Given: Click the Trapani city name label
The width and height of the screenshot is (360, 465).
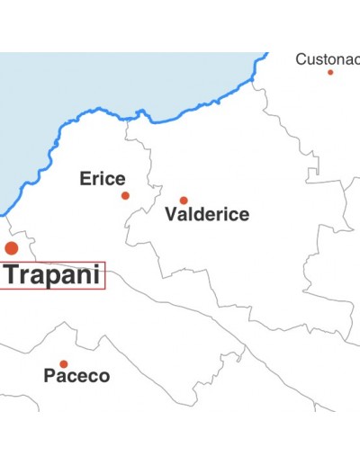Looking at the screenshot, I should click(x=51, y=275).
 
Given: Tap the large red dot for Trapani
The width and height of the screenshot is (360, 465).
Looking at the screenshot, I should click(x=12, y=247).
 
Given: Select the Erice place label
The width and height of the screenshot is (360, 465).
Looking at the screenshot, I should click(x=103, y=178).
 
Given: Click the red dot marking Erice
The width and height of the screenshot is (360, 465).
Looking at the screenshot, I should click(x=125, y=195).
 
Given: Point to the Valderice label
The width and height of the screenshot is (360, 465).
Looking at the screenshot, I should click(x=207, y=215).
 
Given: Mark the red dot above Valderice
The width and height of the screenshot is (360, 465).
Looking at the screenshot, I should click(x=184, y=201).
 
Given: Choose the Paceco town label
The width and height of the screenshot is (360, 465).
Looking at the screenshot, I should click(x=76, y=376).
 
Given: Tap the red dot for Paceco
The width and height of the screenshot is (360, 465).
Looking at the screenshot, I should click(x=63, y=363).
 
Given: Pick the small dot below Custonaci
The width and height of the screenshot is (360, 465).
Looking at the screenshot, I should click(x=330, y=72).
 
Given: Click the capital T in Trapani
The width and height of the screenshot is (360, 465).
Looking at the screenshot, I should click(x=13, y=275).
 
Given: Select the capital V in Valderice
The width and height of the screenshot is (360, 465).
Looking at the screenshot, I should click(x=171, y=215).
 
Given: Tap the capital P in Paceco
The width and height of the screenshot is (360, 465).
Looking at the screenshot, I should click(x=49, y=376).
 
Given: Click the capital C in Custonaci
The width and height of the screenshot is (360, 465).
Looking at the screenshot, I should click(x=301, y=59).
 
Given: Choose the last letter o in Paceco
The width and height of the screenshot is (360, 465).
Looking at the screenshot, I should click(x=104, y=376).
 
